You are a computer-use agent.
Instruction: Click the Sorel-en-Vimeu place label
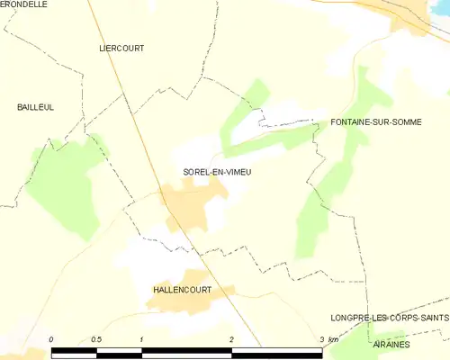tap(211, 172)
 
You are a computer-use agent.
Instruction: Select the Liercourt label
tap(121, 48)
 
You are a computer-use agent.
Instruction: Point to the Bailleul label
tap(35, 107)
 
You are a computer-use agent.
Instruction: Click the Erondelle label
tap(24, 4)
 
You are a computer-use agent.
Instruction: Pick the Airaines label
tap(392, 345)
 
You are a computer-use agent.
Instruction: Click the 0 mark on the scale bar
tap(51, 339)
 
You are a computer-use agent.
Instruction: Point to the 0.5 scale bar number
tap(96, 339)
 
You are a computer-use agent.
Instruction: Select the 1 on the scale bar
tap(142, 339)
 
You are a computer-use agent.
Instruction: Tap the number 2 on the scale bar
tap(232, 339)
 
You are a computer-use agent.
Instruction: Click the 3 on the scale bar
tap(321, 339)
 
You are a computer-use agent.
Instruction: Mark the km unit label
tap(334, 339)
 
